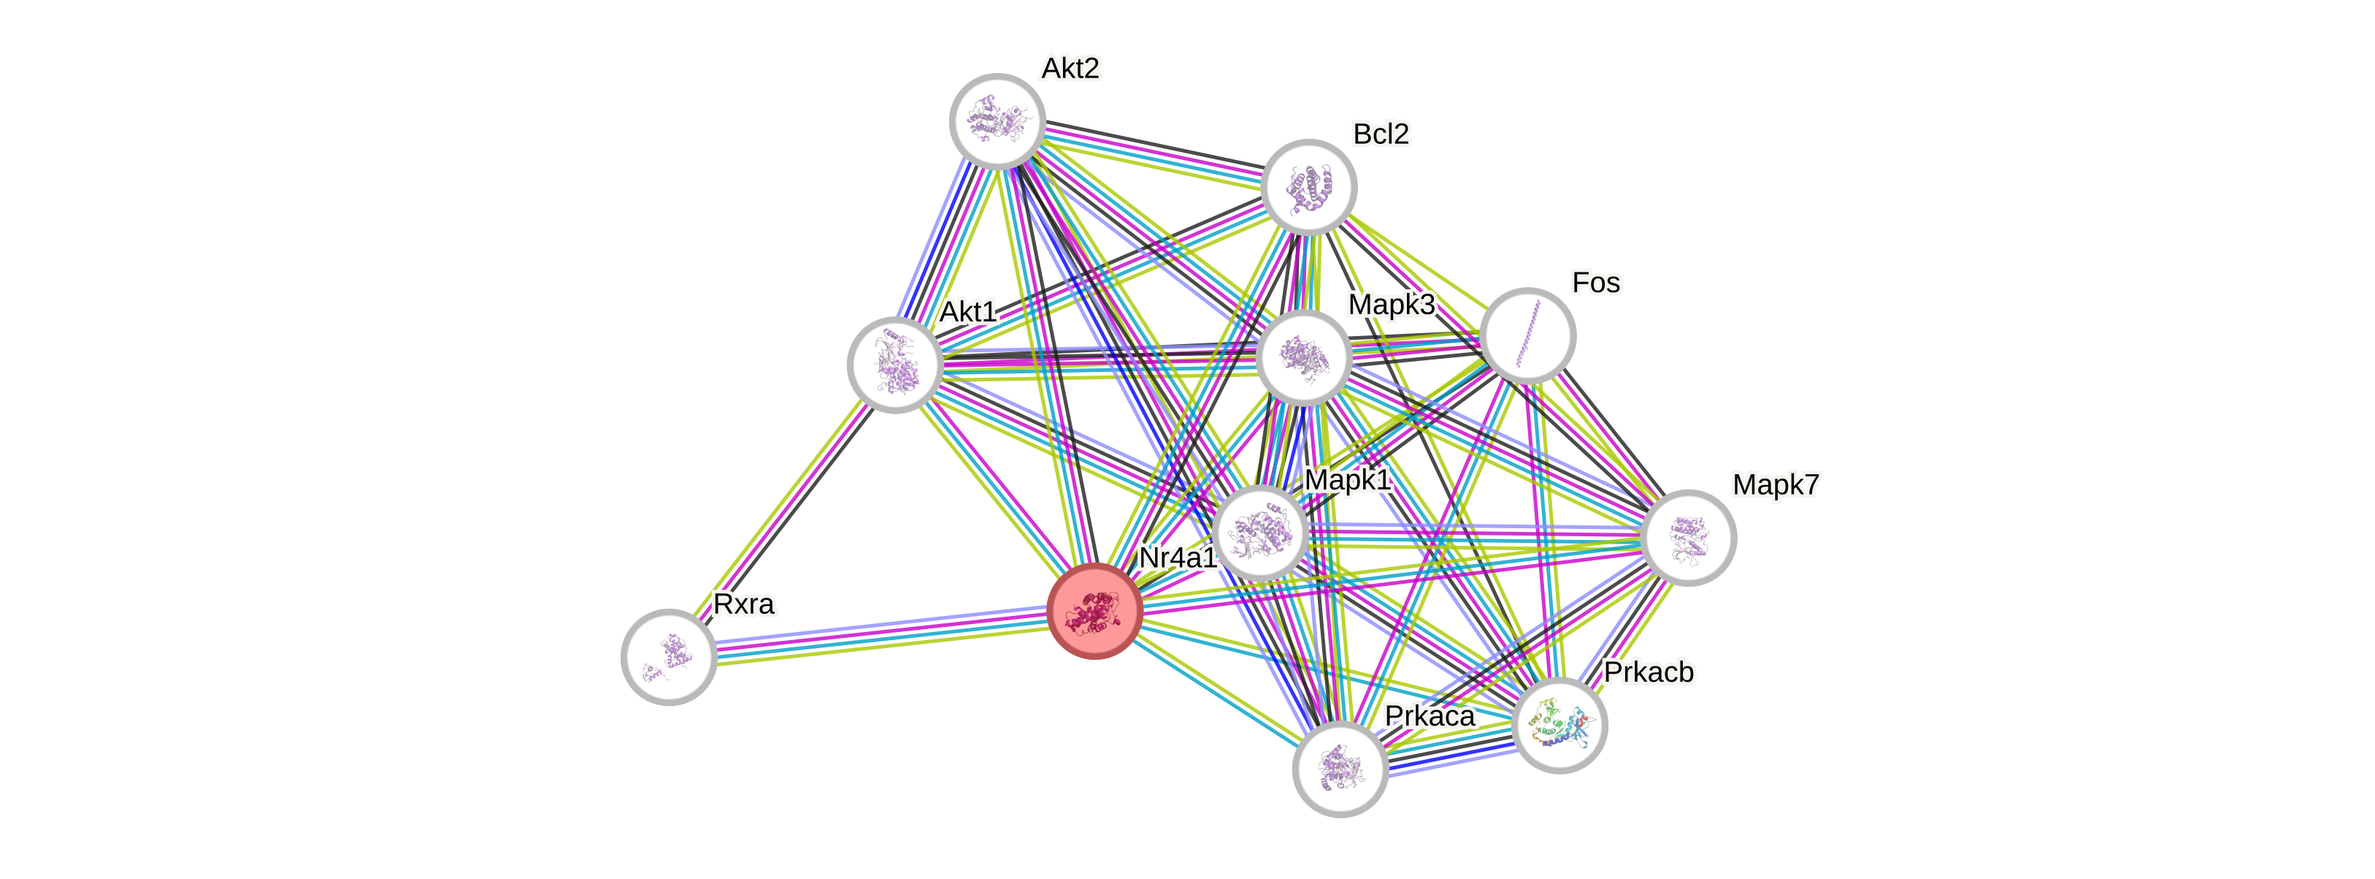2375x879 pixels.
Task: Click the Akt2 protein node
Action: click(997, 121)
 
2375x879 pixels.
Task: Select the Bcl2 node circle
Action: click(1308, 186)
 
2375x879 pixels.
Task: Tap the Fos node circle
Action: click(1527, 335)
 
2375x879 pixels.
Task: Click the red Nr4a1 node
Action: click(1094, 611)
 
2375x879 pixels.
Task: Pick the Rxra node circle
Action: click(669, 656)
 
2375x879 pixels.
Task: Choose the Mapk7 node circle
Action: click(1689, 537)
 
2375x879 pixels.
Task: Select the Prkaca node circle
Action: click(1340, 769)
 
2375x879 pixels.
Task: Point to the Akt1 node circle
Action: click(894, 365)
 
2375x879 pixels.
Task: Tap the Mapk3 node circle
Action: click(1304, 357)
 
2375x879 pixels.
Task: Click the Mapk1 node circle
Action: click(1259, 532)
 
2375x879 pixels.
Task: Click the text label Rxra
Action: click(744, 604)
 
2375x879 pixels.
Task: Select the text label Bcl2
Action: click(1380, 134)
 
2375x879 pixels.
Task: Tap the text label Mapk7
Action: click(1775, 483)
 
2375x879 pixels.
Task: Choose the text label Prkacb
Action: click(1649, 671)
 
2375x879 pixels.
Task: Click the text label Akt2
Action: click(1070, 67)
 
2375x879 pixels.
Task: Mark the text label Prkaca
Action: click(1429, 716)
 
